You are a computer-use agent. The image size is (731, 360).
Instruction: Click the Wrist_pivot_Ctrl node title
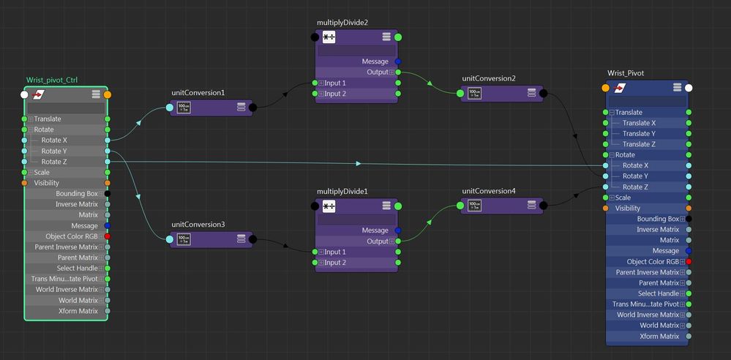tap(52, 80)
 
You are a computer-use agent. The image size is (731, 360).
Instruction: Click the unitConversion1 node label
tap(198, 93)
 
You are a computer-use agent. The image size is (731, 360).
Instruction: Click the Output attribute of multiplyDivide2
tap(377, 72)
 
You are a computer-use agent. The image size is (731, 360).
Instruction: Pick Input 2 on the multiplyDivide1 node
tap(335, 263)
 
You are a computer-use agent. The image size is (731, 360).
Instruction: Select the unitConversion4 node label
tap(489, 191)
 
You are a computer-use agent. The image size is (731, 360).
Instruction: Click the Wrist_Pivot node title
tap(626, 73)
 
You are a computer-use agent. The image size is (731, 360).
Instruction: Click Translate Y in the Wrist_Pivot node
tap(639, 133)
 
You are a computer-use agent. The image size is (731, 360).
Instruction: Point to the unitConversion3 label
tap(198, 225)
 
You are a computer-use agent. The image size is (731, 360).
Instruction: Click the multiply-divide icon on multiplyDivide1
tap(329, 206)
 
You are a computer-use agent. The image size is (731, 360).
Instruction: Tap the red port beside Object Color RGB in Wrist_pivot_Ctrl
tap(108, 236)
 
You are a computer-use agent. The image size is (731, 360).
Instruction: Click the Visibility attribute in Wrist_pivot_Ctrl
tap(47, 183)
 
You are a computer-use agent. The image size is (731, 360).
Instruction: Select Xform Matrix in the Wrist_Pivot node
tap(659, 336)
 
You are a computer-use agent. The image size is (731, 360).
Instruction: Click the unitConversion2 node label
tap(489, 78)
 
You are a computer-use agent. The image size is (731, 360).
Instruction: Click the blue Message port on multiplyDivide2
tap(397, 61)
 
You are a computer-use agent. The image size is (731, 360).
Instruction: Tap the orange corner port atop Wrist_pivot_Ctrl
tap(108, 94)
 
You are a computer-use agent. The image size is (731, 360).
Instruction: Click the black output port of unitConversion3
tap(252, 240)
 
